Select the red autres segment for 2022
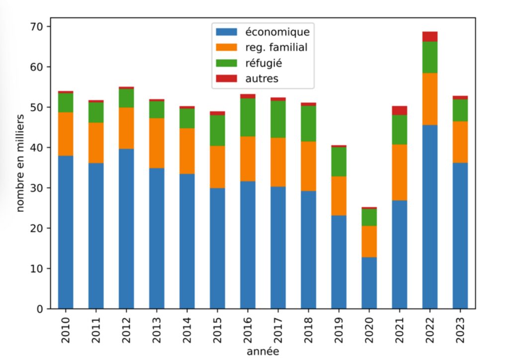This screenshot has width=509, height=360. (x=430, y=36)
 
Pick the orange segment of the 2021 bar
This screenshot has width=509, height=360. (x=400, y=172)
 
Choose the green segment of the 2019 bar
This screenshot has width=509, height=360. (x=339, y=162)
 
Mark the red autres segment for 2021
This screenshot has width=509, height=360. (x=400, y=110)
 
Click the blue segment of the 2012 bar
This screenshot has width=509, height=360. (x=126, y=229)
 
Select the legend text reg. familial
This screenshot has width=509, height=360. (x=276, y=47)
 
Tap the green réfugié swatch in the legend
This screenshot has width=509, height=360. (x=227, y=63)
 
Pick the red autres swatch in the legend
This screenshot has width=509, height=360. (x=227, y=79)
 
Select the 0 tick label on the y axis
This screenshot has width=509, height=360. (x=40, y=309)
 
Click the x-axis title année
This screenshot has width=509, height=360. (x=262, y=352)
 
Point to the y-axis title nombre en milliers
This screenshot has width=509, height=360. (x=20, y=163)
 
